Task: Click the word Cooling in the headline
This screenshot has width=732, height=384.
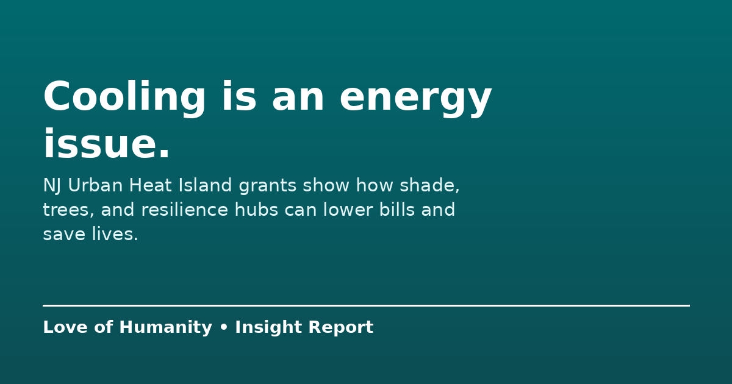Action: pyautogui.click(x=124, y=98)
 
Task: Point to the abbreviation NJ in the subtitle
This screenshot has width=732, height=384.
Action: pyautogui.click(x=52, y=186)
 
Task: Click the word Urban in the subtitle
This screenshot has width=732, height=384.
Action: pyautogui.click(x=95, y=185)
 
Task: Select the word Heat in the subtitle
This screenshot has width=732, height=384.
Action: pyautogui.click(x=150, y=185)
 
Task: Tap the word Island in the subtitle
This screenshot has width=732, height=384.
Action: pyautogui.click(x=205, y=185)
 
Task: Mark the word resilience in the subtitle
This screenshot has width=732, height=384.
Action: pyautogui.click(x=185, y=209)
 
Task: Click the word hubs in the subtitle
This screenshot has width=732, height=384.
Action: pyautogui.click(x=256, y=209)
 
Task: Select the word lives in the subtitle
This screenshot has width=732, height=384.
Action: pyautogui.click(x=115, y=234)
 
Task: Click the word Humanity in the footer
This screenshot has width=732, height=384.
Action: pyautogui.click(x=166, y=327)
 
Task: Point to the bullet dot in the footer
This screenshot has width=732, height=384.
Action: pyautogui.click(x=224, y=327)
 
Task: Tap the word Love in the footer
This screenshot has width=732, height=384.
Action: pyautogui.click(x=65, y=327)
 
